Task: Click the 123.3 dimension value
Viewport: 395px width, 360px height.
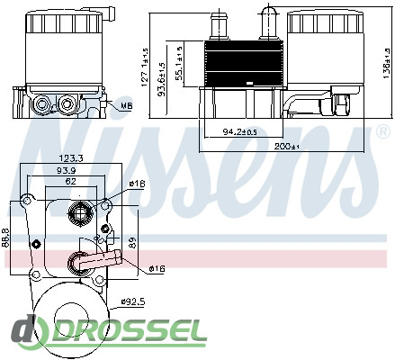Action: (x=70, y=158)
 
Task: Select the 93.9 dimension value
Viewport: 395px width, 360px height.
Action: (x=67, y=170)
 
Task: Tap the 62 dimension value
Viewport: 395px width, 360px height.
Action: (x=71, y=181)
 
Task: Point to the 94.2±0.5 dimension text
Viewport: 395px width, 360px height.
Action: (x=239, y=131)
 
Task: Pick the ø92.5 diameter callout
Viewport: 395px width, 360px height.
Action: (x=133, y=301)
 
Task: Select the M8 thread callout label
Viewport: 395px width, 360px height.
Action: (x=127, y=105)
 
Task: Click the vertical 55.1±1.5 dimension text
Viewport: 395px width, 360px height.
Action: (x=179, y=63)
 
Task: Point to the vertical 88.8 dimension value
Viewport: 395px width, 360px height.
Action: (x=6, y=238)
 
